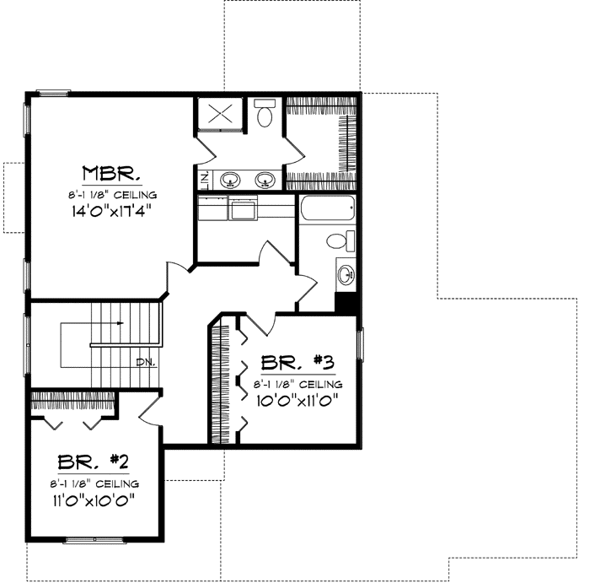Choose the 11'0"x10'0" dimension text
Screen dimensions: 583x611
pyautogui.click(x=94, y=499)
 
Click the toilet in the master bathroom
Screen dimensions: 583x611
pyautogui.click(x=265, y=113)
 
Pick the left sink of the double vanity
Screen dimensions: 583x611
pyautogui.click(x=228, y=179)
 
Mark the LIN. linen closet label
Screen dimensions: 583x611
pyautogui.click(x=204, y=179)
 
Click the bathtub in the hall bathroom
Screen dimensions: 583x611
pyautogui.click(x=328, y=208)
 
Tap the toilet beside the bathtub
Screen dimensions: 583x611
pyautogui.click(x=337, y=240)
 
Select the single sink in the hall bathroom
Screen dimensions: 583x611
pyautogui.click(x=345, y=274)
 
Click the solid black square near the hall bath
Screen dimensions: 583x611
pyautogui.click(x=345, y=302)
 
